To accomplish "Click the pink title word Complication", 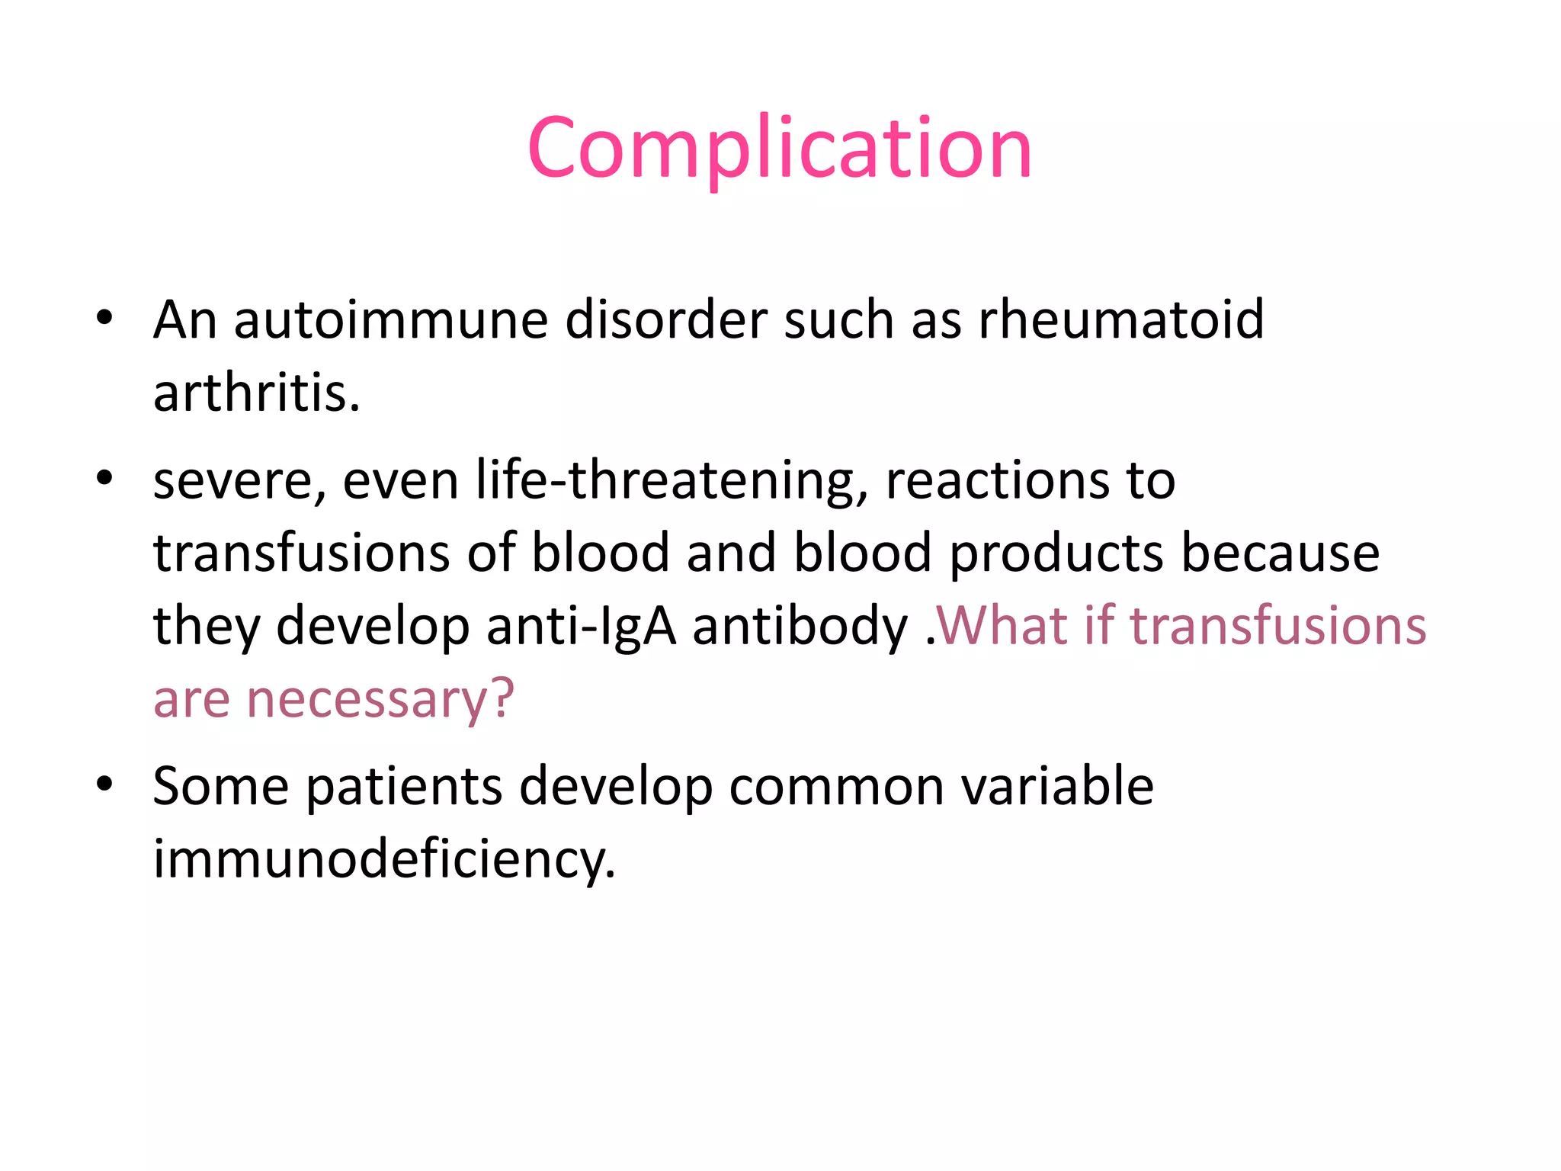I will [779, 148].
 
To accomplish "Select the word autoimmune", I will [390, 319].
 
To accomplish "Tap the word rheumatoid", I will [1120, 319].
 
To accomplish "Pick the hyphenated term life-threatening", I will [672, 482].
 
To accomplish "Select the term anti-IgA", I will [581, 627].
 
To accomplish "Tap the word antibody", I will [800, 627].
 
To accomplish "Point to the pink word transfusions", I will [1277, 627].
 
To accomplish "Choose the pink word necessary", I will [380, 700].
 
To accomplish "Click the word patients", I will [404, 787].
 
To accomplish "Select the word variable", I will [1057, 787].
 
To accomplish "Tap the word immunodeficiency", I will [383, 860].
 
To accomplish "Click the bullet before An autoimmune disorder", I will [104, 318].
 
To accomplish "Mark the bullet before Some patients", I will [104, 784].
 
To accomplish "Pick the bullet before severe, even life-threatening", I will [104, 480].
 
